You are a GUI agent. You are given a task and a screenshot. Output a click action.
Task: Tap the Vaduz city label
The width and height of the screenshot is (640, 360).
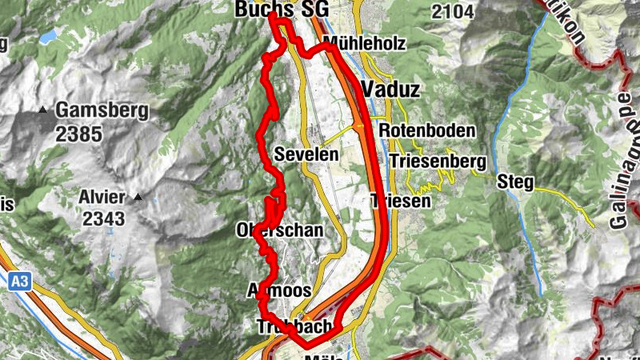[390, 89]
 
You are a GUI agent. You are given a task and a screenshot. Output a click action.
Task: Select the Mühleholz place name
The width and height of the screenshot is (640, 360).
[364, 43]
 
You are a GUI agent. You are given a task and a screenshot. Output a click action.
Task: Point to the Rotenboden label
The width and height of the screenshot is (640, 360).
[427, 130]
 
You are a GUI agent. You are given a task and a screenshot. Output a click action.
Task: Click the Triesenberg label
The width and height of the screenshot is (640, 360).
[438, 161]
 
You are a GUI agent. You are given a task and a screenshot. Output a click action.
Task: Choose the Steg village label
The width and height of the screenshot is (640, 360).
[514, 182]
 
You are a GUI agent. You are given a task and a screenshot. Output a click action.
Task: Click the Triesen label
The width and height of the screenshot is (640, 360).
[402, 202]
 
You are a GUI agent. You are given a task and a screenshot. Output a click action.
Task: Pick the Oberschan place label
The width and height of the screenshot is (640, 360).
[280, 230]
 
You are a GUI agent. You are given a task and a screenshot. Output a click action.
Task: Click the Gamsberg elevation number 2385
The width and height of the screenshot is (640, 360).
[79, 133]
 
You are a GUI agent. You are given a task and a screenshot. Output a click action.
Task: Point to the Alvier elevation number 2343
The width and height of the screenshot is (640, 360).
[102, 218]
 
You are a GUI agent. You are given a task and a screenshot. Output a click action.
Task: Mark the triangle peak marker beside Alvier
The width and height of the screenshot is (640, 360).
[138, 196]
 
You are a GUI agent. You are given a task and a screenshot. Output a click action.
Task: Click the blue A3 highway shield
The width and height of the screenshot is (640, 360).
[21, 281]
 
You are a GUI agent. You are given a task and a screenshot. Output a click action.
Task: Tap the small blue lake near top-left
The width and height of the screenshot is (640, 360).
[47, 37]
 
